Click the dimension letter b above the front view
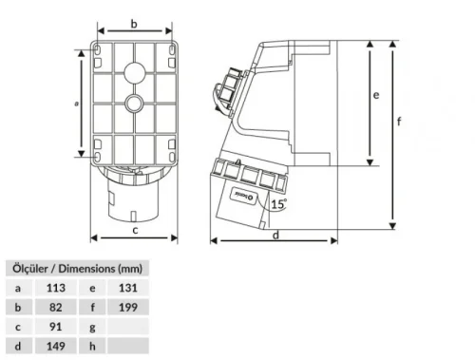point(134,23)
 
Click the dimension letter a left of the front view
point(75,104)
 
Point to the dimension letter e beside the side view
point(376,96)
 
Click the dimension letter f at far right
point(399,121)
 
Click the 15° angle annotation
point(276,203)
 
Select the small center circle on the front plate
point(134,103)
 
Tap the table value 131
point(129,286)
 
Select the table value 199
point(129,307)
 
